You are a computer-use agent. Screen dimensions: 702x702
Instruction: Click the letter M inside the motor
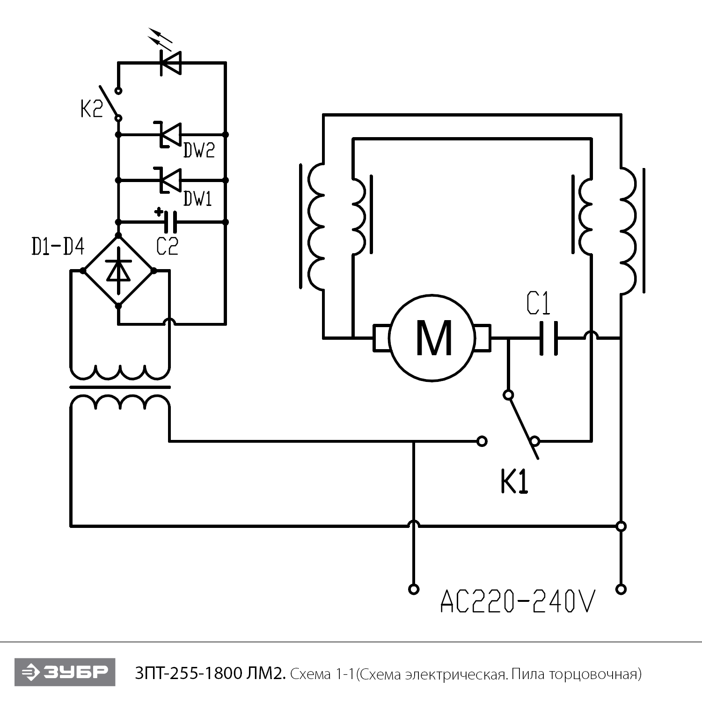[434, 338]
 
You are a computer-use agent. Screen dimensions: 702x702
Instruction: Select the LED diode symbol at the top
[171, 62]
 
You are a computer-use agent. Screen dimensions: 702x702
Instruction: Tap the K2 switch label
[91, 110]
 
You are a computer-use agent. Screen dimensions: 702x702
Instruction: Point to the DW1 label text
[197, 199]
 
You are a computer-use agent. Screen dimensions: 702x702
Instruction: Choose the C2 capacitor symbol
[172, 221]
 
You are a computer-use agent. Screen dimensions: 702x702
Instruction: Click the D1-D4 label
[58, 247]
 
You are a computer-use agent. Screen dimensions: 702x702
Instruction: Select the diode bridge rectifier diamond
[118, 271]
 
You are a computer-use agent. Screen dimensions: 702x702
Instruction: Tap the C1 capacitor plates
[548, 338]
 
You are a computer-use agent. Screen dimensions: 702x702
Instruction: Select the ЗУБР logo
[65, 672]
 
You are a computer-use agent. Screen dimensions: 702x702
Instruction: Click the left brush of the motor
[381, 338]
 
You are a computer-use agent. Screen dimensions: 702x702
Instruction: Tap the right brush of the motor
[483, 338]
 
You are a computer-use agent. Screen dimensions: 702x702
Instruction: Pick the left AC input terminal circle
[413, 589]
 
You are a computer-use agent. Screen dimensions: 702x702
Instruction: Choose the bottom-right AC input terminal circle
[621, 589]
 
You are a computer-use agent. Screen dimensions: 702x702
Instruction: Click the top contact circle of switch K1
[508, 395]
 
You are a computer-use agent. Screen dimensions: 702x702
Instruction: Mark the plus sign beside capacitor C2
[159, 212]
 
